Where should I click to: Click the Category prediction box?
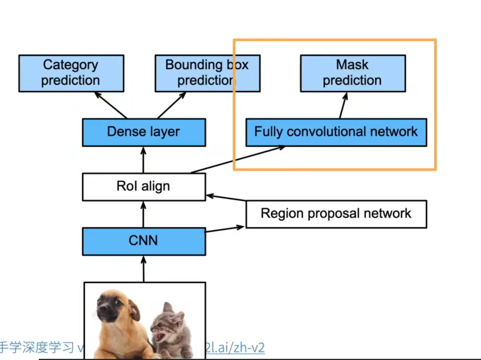pos(71,73)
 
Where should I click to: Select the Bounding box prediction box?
pos(207,73)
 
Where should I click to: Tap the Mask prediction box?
pos(353,73)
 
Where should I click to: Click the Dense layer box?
pos(144,132)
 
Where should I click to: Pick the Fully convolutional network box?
pos(336,132)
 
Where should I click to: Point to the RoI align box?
pos(144,186)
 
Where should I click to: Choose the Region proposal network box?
pos(336,214)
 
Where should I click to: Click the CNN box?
pos(144,241)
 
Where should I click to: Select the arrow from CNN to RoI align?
pos(143,214)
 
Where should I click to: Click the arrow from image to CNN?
pos(143,269)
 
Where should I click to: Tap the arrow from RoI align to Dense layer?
pos(143,160)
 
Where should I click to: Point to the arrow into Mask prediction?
pos(343,106)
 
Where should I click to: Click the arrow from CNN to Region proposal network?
pos(225,229)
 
